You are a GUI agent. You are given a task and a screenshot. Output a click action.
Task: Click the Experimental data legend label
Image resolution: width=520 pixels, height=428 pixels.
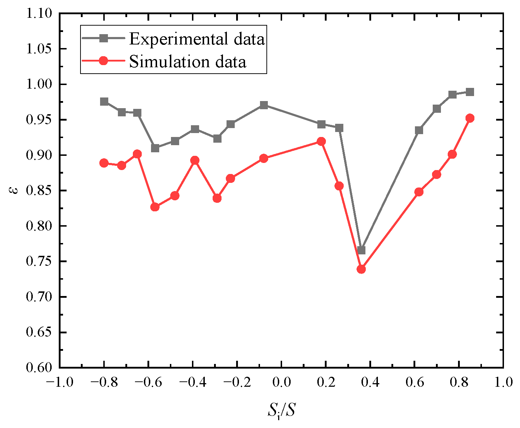click(x=197, y=39)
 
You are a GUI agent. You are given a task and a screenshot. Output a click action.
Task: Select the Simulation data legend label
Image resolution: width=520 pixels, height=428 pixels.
click(x=187, y=62)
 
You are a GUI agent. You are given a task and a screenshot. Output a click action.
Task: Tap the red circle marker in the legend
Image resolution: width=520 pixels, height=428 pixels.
click(x=103, y=61)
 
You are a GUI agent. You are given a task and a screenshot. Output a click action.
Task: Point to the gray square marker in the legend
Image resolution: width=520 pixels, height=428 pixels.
click(x=103, y=38)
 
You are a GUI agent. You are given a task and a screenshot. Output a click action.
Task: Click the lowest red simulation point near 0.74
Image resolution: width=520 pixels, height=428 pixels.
click(x=361, y=269)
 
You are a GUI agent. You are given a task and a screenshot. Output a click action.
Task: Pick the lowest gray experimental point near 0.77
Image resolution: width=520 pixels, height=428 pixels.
click(x=361, y=250)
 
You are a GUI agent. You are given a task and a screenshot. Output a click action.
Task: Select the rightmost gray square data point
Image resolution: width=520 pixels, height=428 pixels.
click(x=470, y=92)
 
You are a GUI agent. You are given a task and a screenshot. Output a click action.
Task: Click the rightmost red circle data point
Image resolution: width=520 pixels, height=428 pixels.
click(x=470, y=118)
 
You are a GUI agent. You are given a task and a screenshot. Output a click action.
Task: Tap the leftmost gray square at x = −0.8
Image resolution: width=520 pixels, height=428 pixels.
click(x=104, y=102)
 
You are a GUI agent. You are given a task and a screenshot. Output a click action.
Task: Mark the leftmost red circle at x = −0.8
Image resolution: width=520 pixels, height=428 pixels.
click(x=104, y=163)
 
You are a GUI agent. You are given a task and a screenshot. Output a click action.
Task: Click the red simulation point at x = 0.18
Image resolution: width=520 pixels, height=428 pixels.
click(x=321, y=142)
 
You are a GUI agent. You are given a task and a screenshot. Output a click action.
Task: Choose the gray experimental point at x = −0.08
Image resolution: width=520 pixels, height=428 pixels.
click(x=264, y=105)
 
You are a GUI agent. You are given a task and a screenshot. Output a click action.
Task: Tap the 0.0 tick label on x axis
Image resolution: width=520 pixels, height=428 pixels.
click(x=281, y=382)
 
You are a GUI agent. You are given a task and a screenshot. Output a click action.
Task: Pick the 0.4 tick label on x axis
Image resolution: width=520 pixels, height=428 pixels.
click(x=370, y=382)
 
